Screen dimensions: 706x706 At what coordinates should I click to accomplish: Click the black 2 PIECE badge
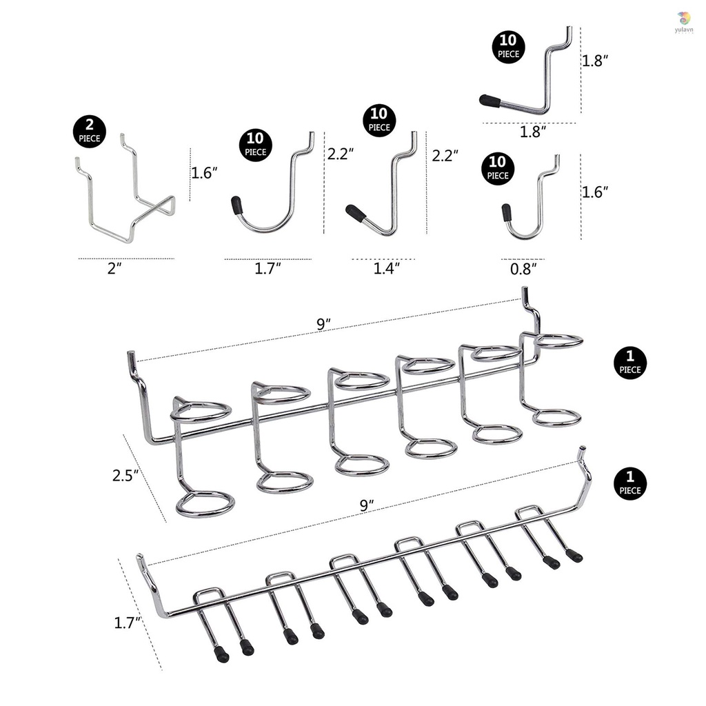[89, 131]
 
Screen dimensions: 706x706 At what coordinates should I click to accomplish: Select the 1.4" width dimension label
[386, 268]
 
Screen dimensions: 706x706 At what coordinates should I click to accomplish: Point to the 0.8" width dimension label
[523, 268]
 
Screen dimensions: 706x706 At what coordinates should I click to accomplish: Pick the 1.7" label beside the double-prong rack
[128, 623]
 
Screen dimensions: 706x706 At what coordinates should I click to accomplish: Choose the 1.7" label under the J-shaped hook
[268, 268]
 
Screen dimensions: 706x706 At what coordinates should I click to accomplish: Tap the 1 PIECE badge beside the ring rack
[629, 362]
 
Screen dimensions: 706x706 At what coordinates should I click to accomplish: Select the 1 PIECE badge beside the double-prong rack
[629, 483]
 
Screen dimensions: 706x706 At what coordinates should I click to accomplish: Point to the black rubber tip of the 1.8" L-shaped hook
[490, 100]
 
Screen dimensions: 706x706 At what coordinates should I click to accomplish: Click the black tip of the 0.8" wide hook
[506, 210]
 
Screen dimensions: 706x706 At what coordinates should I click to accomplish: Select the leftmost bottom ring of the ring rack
[205, 504]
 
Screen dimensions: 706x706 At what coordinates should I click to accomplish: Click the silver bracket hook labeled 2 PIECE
[124, 200]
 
